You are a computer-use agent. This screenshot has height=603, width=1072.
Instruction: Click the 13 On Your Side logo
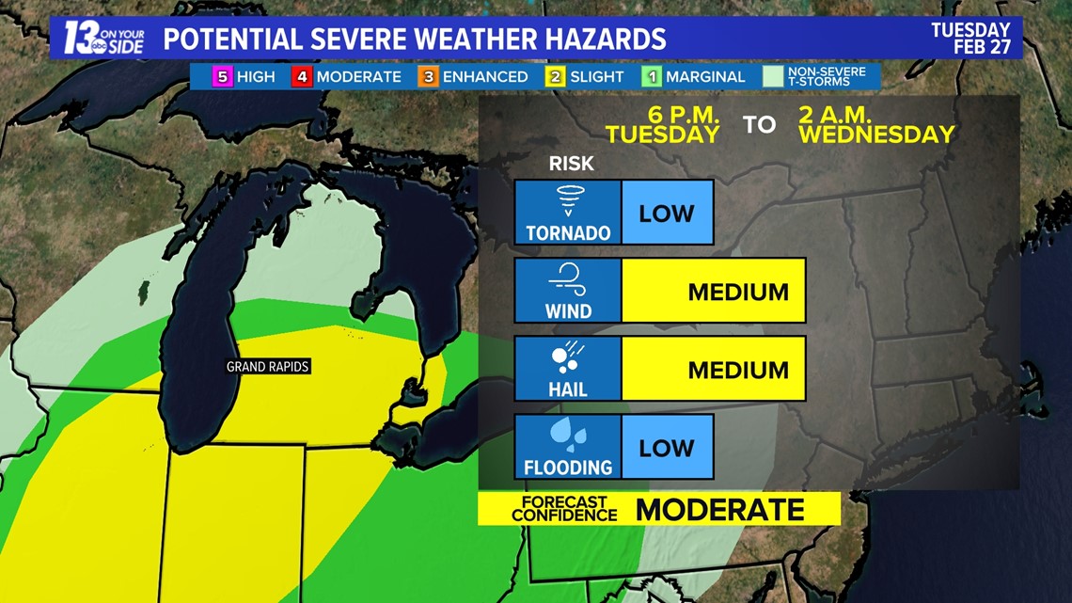coord(103,38)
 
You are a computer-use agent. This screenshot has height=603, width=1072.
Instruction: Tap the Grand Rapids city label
coord(268,367)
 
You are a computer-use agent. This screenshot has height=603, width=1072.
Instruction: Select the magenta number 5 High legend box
coord(223,77)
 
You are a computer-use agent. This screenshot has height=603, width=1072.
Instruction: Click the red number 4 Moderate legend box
coord(302,77)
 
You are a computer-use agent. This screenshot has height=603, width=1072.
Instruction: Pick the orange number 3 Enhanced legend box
coord(429,77)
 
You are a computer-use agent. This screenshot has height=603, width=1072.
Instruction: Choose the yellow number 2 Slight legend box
coord(556,77)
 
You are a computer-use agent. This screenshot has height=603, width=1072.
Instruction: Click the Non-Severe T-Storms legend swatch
coord(773,77)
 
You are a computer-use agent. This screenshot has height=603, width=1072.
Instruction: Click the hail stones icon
coord(568,357)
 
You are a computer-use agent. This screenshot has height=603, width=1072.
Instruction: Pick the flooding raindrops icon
coord(568,436)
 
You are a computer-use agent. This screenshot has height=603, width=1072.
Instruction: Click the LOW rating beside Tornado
coord(667,213)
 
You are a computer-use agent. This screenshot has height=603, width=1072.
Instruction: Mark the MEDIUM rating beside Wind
coord(738,292)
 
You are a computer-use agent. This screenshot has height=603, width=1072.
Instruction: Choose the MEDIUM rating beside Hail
coord(738,370)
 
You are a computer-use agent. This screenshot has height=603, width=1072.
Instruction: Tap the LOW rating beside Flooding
coord(667,448)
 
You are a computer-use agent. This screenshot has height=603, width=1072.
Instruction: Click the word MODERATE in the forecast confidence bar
coord(720,510)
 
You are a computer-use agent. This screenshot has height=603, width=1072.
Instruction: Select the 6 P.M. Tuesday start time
coord(662,125)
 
